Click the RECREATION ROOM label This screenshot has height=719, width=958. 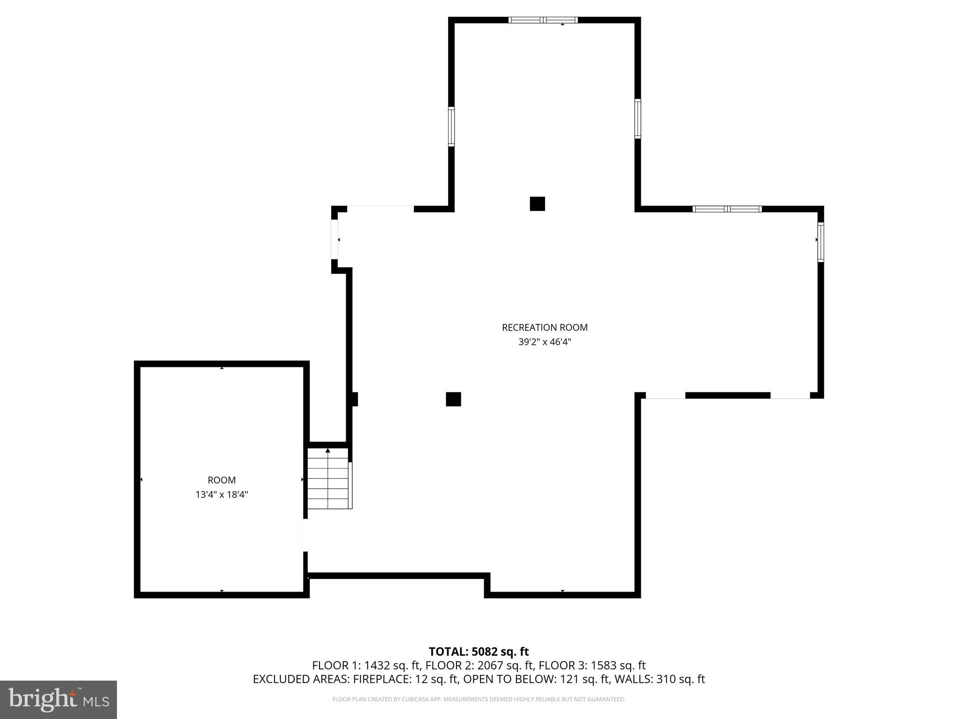click(x=544, y=328)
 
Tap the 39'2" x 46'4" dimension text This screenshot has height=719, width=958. click(x=544, y=342)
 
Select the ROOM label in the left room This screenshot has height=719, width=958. click(x=222, y=480)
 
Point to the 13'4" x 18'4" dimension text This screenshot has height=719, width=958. click(x=222, y=495)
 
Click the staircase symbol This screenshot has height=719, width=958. click(x=328, y=478)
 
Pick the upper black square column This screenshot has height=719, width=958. click(x=537, y=204)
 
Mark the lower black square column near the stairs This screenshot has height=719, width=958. click(x=453, y=399)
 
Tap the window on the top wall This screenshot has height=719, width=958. click(x=543, y=20)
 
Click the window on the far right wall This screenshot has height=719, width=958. click(x=820, y=242)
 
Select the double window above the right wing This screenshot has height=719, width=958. click(x=727, y=209)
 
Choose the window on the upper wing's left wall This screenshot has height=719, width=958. click(x=451, y=126)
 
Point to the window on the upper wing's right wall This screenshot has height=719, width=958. click(x=638, y=119)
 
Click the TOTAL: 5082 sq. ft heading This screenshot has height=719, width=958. click(x=479, y=652)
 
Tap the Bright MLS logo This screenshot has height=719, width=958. click(x=58, y=700)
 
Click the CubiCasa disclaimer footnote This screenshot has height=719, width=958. click(x=479, y=699)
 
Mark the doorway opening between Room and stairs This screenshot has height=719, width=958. click(x=305, y=535)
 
